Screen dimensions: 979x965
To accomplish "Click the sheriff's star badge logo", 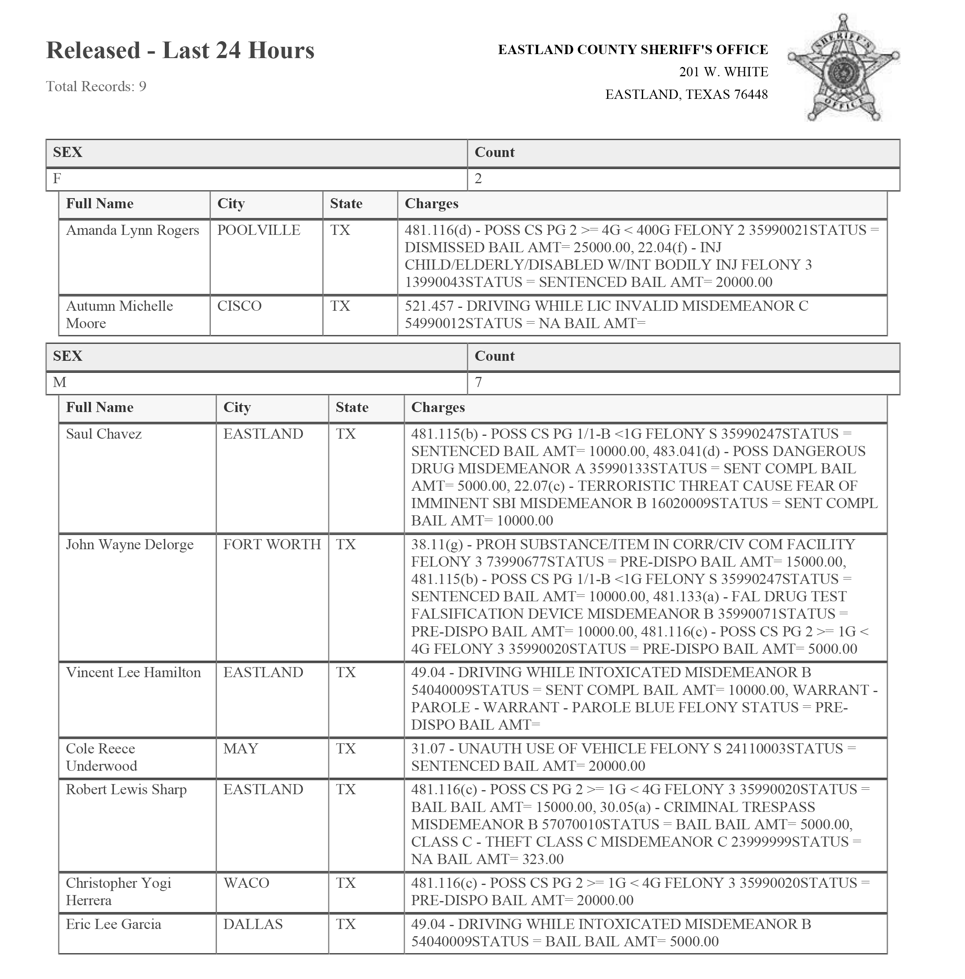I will pos(843,68).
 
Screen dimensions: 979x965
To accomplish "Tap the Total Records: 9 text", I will pos(96,87).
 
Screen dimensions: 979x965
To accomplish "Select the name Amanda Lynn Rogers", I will pos(132,230).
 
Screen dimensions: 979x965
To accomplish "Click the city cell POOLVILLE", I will pos(259,230).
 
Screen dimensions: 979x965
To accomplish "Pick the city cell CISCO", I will pos(239,306).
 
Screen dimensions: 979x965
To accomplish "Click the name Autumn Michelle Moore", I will pos(119,314).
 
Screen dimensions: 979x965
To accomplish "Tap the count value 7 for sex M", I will pos(478,383).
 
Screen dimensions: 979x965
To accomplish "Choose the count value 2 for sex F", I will pos(478,179).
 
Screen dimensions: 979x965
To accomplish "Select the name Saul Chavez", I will pos(103,434).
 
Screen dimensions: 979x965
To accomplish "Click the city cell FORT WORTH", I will pos(272,544).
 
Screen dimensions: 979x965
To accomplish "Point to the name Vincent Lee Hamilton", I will pos(133,673).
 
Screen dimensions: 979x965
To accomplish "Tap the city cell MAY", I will pos(240,749).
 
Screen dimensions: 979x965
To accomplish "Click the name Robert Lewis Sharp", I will pos(126,790).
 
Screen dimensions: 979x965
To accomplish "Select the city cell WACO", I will pos(246,883).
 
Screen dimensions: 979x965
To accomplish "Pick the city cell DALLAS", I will pos(252,924).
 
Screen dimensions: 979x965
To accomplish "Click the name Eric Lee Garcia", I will pos(114,924).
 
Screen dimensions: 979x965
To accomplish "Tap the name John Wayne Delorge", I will pos(130,544).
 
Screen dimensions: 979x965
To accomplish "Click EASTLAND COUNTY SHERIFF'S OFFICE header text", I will pos(633,50).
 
